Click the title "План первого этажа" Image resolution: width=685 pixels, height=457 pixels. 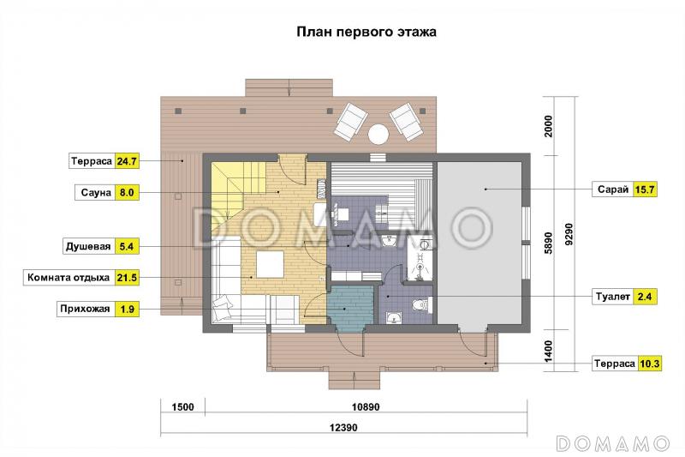(366, 33)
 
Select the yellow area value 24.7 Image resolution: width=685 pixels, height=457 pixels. (127, 160)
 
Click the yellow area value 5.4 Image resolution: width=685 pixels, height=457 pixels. (127, 247)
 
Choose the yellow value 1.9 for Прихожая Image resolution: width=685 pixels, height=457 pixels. (127, 309)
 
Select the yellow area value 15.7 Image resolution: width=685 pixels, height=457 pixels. (644, 189)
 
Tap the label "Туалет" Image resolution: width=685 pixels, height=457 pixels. (611, 297)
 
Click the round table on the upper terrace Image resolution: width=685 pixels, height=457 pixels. (378, 134)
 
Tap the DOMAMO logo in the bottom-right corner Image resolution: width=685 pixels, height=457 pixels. (611, 442)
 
